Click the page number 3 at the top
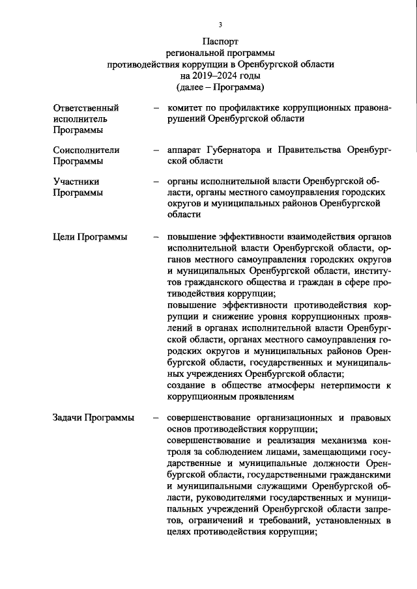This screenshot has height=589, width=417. pyautogui.click(x=220, y=25)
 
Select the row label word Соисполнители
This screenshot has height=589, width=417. pyautogui.click(x=86, y=150)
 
